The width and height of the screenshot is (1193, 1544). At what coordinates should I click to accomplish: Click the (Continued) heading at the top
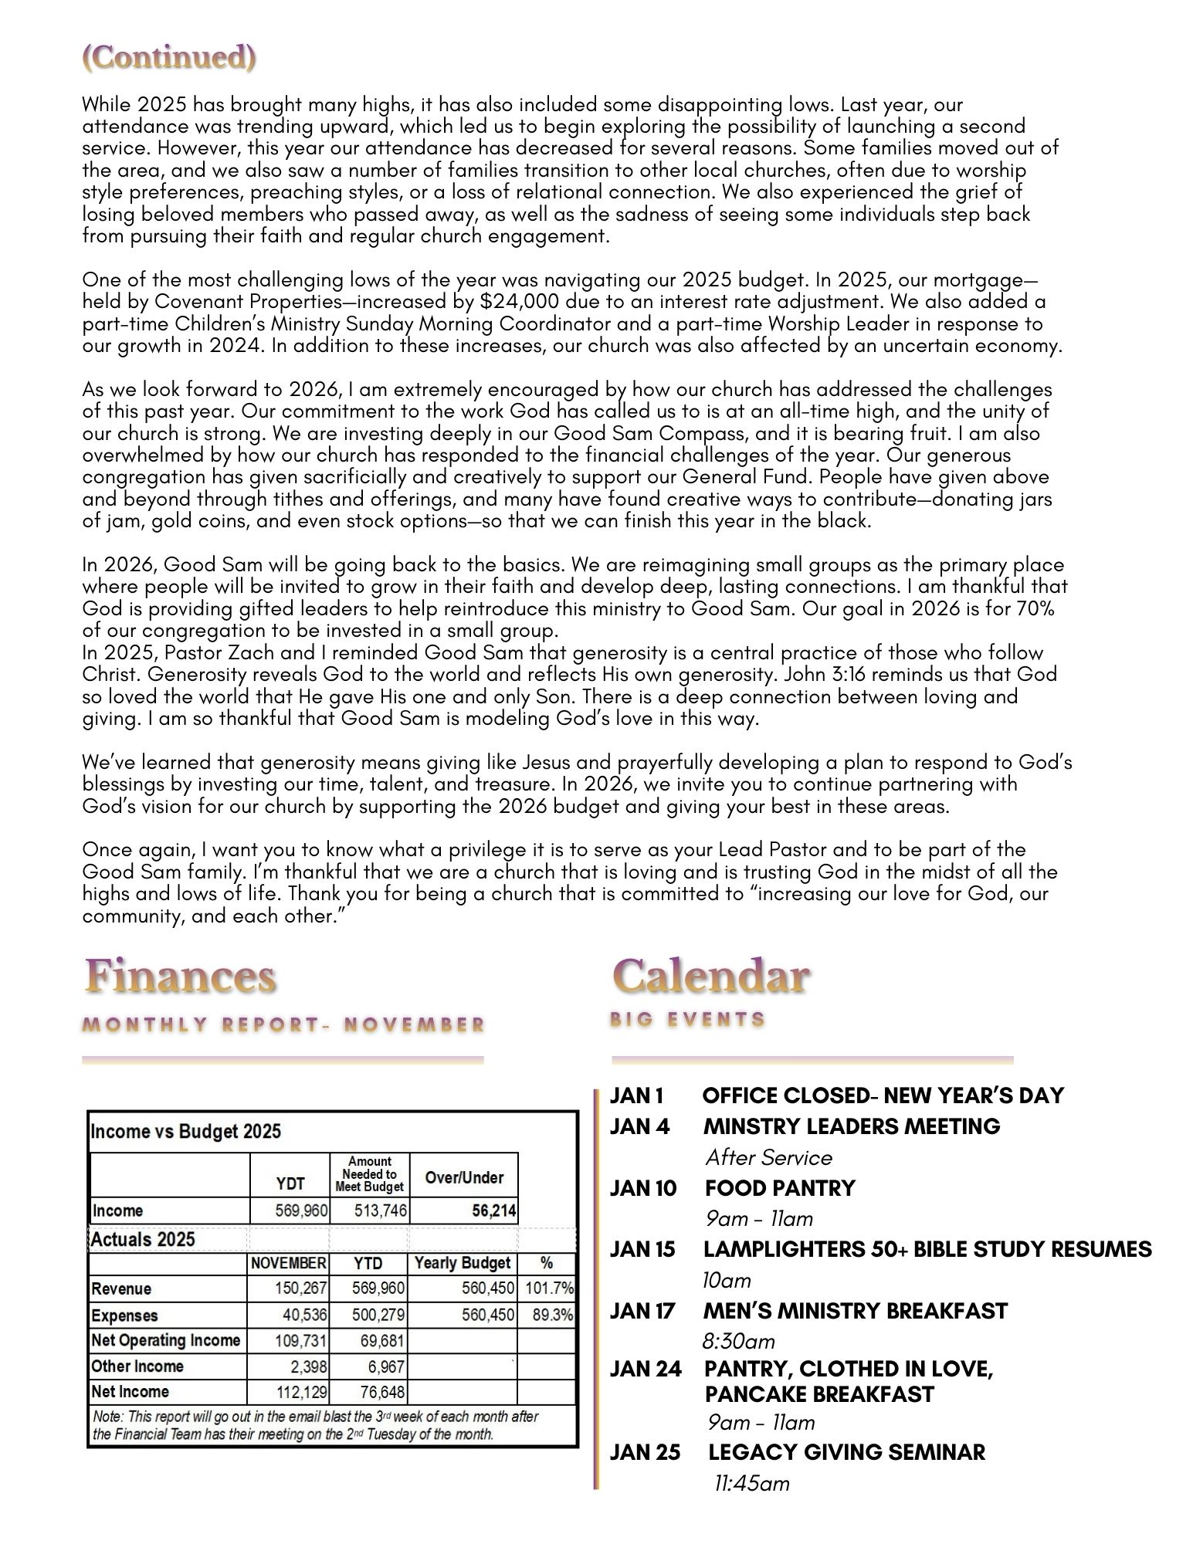coord(168,58)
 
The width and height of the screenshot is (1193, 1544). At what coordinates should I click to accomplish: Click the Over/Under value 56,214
coord(494,1210)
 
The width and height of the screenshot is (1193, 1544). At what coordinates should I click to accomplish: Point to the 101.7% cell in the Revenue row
coord(549,1288)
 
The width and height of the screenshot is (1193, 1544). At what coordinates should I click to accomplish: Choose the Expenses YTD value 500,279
coord(378,1315)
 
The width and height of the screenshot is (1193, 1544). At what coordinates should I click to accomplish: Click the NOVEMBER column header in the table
coord(288,1263)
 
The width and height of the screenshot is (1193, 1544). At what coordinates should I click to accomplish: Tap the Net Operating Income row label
coord(166,1340)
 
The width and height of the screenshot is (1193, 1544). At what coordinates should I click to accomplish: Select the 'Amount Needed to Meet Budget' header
coord(370,1173)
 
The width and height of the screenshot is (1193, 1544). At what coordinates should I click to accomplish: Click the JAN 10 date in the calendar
coord(642,1188)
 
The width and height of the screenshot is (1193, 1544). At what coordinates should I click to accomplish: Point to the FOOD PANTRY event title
coord(780,1188)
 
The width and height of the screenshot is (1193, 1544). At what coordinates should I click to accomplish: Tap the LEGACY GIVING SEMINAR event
coord(847,1452)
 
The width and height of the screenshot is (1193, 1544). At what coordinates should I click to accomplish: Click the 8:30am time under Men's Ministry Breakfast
coord(738,1341)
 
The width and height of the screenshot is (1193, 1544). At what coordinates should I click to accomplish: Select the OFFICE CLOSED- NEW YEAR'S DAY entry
coord(883,1095)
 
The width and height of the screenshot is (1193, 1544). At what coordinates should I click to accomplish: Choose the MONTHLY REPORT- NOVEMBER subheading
coord(283,1025)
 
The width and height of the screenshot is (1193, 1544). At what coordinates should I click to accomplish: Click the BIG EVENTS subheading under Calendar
coord(688,1020)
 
